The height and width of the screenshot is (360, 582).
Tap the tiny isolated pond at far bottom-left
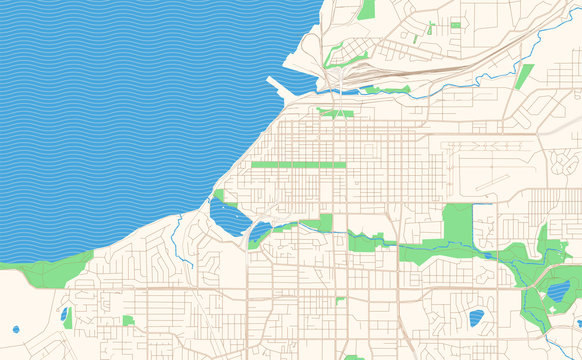tap(16, 328)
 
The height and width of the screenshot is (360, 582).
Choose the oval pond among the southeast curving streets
tap(476, 318)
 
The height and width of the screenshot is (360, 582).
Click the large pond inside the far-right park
tap(557, 292)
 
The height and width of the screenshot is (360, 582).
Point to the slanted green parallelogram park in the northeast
tap(524, 75)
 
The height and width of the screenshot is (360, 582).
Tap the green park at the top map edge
tap(366, 10)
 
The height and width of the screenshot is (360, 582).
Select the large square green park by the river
tap(457, 221)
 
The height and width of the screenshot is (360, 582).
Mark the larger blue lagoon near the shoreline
tap(228, 217)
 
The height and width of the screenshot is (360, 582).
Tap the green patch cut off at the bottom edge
tap(354, 356)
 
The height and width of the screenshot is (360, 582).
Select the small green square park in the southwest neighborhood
tap(128, 321)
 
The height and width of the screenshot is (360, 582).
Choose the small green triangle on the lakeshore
tap(218, 193)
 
